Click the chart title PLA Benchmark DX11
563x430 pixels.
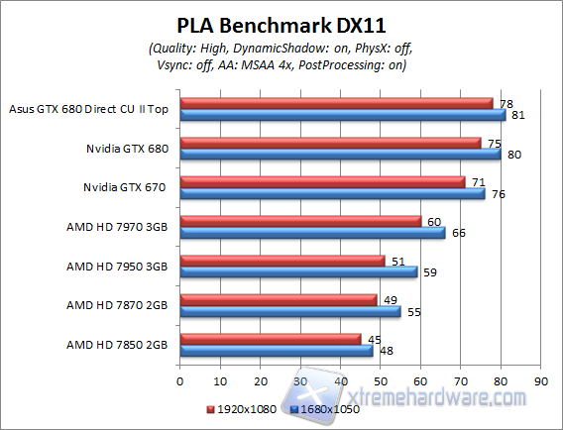click(281, 25)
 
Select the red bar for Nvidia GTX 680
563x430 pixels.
click(329, 143)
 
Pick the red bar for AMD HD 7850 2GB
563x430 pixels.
click(270, 339)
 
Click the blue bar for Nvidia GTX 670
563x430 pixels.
click(331, 194)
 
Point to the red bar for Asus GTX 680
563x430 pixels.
click(335, 103)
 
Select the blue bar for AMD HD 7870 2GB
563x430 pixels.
click(289, 311)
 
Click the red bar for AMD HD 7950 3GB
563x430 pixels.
click(281, 261)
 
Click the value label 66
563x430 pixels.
click(457, 233)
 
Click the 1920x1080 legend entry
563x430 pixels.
click(239, 408)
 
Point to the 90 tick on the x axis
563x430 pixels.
click(540, 379)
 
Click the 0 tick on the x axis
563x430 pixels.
click(179, 379)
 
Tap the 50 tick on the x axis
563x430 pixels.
click(380, 379)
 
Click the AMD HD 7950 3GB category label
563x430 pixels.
click(116, 267)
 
